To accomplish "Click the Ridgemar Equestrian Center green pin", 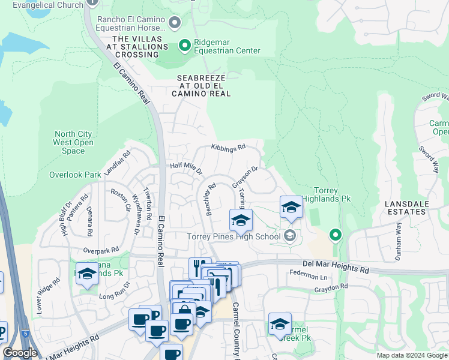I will [x=185, y=45].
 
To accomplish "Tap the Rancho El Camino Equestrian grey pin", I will [x=175, y=23].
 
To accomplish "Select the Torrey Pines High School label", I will [x=234, y=236].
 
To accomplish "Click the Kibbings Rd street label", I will [x=228, y=147].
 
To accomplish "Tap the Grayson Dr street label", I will [x=245, y=178].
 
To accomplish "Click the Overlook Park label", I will [x=75, y=175].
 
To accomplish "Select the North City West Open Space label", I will [x=73, y=143].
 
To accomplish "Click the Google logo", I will [x=20, y=353].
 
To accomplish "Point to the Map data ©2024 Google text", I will [x=411, y=355].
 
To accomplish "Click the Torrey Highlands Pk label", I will [x=326, y=194].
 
